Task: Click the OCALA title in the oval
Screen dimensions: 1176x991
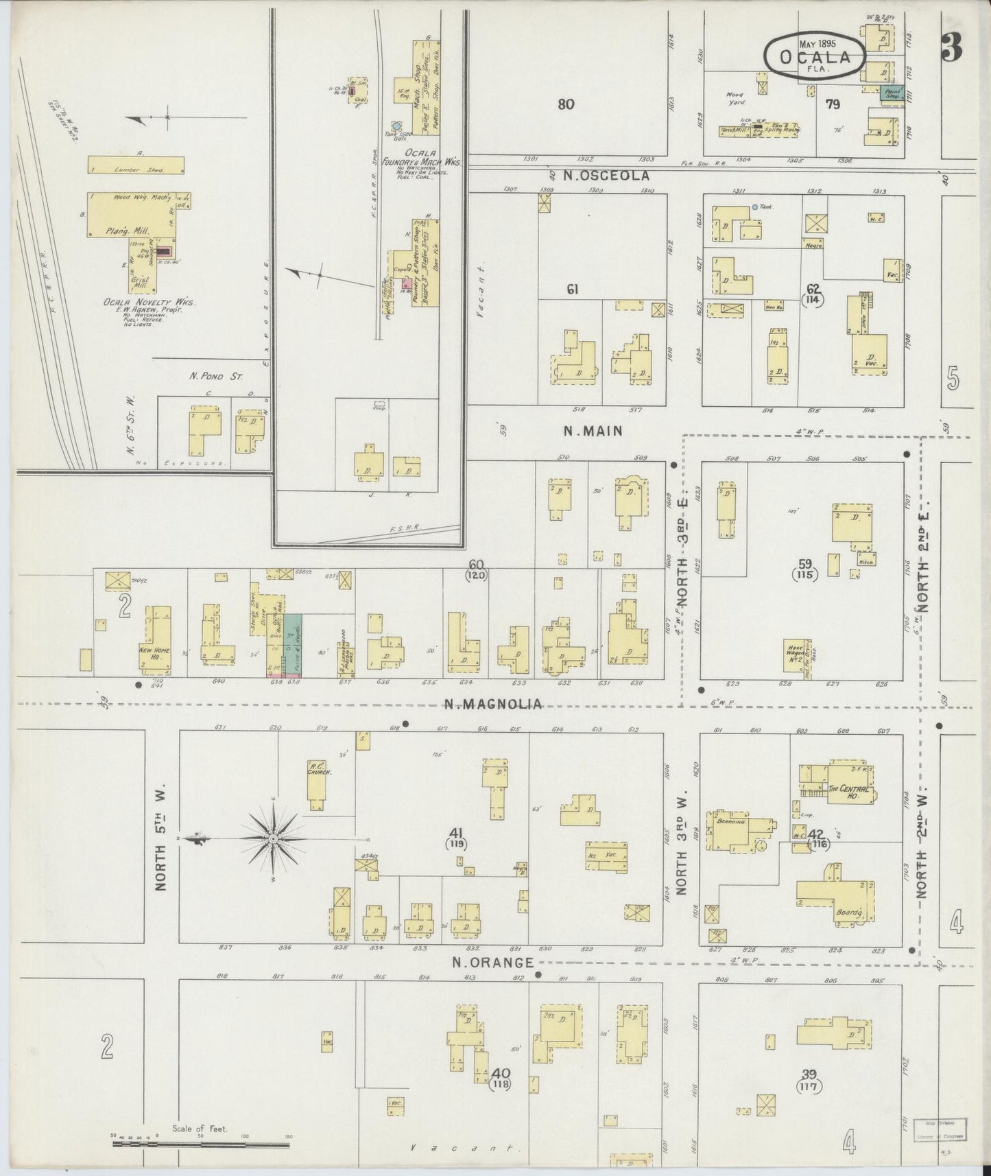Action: coord(814,58)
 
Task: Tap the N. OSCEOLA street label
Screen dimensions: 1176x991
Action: coord(606,176)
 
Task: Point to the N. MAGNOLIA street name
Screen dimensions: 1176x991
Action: coord(492,704)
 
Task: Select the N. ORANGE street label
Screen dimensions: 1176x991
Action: coord(492,963)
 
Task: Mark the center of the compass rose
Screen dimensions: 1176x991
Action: coord(273,838)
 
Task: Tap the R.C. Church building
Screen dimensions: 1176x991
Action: coord(316,786)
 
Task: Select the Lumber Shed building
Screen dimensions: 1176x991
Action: coord(136,165)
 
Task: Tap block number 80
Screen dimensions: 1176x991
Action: coord(566,104)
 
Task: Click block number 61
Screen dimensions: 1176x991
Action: coord(572,290)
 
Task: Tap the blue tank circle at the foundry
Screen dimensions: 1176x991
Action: coord(396,126)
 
